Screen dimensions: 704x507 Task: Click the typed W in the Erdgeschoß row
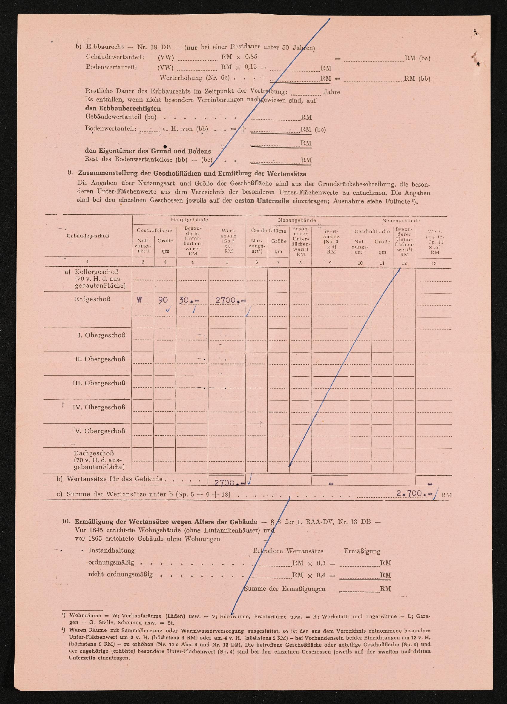[x=139, y=300]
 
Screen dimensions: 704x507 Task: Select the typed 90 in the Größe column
[x=163, y=300]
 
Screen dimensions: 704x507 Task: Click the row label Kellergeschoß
[x=97, y=272]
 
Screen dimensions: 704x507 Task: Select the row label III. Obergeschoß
[x=99, y=383]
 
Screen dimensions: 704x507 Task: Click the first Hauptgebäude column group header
[x=189, y=220]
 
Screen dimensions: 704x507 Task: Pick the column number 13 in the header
[x=434, y=263]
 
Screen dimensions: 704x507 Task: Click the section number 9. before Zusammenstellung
[x=71, y=173]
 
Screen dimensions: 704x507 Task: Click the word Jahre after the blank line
[x=332, y=92]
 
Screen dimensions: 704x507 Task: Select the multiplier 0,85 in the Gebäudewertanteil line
[x=251, y=57]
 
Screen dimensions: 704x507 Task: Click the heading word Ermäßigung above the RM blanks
[x=362, y=551]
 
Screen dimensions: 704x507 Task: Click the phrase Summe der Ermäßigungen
[x=285, y=589]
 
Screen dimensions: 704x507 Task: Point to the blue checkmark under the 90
[x=169, y=309]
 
